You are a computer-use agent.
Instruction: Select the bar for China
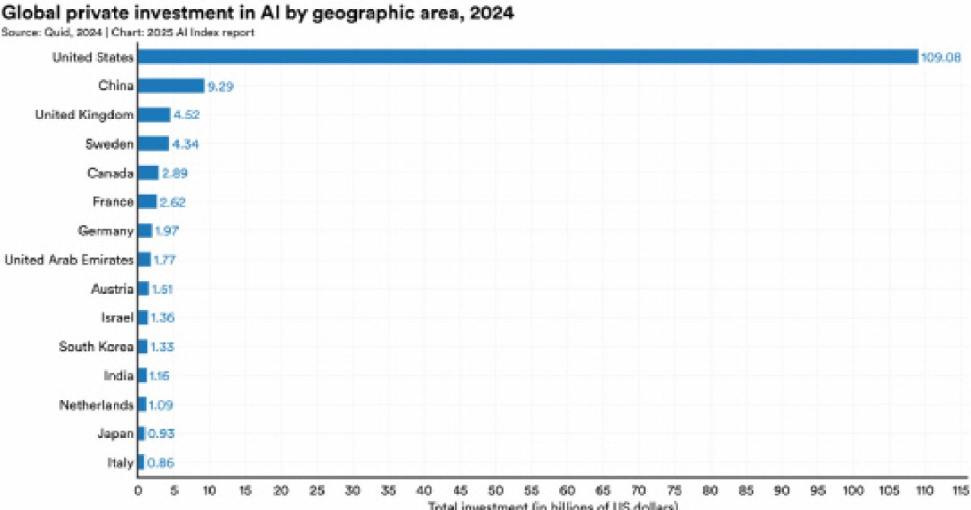pos(171,86)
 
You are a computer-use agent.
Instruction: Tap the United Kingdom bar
pos(154,115)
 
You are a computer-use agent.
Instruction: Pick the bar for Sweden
pos(153,144)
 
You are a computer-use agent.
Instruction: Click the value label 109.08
pos(941,57)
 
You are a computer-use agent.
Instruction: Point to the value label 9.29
pos(220,87)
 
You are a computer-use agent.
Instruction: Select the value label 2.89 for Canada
pos(175,173)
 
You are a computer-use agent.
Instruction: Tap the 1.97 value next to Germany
pos(167,232)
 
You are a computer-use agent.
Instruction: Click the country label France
pos(113,202)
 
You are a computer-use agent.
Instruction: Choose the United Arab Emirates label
pos(69,260)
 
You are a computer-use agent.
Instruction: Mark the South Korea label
pos(95,346)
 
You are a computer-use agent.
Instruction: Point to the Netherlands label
pos(95,405)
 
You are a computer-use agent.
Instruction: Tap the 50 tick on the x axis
pos(496,491)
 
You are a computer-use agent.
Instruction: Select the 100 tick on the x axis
pos(854,491)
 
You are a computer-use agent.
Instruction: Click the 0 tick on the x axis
pos(138,491)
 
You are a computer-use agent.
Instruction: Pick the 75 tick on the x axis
pos(675,491)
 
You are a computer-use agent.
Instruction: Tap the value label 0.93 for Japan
pos(160,434)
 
